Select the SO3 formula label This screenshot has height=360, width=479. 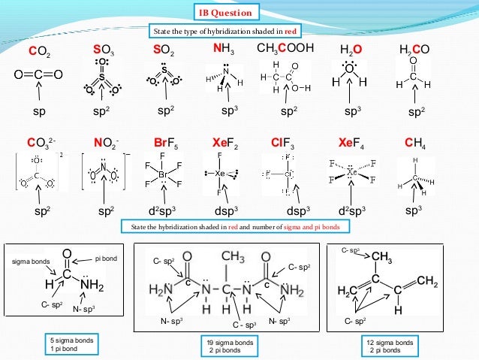pos(103,50)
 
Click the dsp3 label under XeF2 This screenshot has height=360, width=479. pos(225,211)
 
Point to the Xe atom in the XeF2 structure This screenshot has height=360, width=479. pos(221,173)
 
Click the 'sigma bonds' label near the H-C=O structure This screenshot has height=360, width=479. pos(29,262)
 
